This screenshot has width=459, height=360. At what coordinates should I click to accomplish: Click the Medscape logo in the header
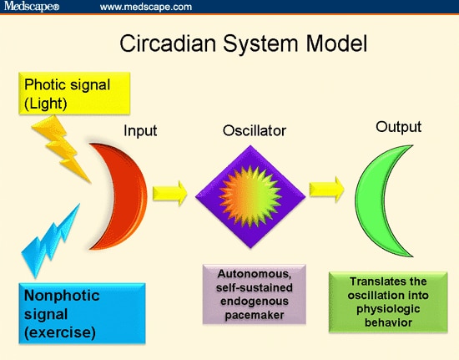click(x=32, y=6)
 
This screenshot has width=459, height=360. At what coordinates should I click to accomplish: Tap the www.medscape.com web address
click(x=146, y=7)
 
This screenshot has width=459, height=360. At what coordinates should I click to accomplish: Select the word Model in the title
click(x=336, y=43)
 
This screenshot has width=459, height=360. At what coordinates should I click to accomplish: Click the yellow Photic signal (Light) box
click(x=74, y=94)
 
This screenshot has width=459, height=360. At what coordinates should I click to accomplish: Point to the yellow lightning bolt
click(x=60, y=148)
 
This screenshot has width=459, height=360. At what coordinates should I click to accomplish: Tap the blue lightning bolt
click(x=50, y=241)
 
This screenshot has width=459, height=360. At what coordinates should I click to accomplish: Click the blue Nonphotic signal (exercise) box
click(x=82, y=313)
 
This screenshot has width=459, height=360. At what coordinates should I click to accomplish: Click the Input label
click(x=140, y=130)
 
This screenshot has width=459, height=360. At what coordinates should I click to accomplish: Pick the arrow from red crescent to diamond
click(x=169, y=193)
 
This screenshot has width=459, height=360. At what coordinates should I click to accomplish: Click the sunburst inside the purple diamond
click(x=250, y=196)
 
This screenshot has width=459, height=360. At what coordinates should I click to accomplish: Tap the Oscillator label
click(x=255, y=130)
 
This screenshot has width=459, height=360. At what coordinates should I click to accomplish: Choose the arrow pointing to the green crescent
click(x=326, y=190)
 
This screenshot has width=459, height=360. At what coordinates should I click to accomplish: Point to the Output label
click(x=398, y=127)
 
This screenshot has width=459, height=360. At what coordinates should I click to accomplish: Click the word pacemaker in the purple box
click(x=255, y=315)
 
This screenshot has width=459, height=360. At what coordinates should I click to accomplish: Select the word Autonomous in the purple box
click(x=255, y=274)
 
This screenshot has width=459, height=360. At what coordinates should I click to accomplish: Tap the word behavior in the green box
click(x=388, y=322)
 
